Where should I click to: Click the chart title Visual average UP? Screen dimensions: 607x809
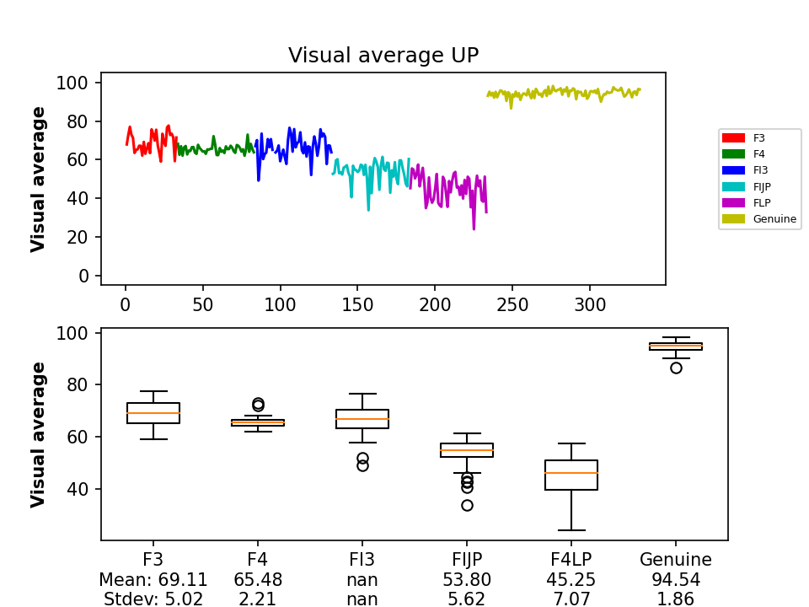pyautogui.click(x=383, y=56)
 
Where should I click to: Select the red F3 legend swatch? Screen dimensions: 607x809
pyautogui.click(x=733, y=137)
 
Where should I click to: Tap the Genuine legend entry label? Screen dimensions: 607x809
pyautogui.click(x=774, y=219)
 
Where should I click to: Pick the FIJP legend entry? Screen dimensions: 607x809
pyautogui.click(x=762, y=186)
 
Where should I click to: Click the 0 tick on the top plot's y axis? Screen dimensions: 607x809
pyautogui.click(x=83, y=276)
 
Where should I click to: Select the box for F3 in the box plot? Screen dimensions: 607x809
pyautogui.click(x=153, y=413)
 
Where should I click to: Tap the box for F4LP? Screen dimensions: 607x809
pyautogui.click(x=571, y=475)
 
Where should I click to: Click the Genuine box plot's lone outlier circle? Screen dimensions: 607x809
pyautogui.click(x=676, y=368)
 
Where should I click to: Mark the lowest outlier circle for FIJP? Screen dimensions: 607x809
pyautogui.click(x=467, y=505)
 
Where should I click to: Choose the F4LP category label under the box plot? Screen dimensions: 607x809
pyautogui.click(x=571, y=560)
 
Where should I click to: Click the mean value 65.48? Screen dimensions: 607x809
pyautogui.click(x=258, y=580)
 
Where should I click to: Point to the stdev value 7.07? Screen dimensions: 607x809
pyautogui.click(x=571, y=599)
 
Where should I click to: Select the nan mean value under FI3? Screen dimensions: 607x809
pyautogui.click(x=362, y=580)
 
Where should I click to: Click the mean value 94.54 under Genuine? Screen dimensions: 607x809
pyautogui.click(x=676, y=580)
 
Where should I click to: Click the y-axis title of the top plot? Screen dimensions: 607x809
pyautogui.click(x=39, y=179)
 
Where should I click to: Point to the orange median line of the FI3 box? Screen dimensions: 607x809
pyautogui.click(x=362, y=419)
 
